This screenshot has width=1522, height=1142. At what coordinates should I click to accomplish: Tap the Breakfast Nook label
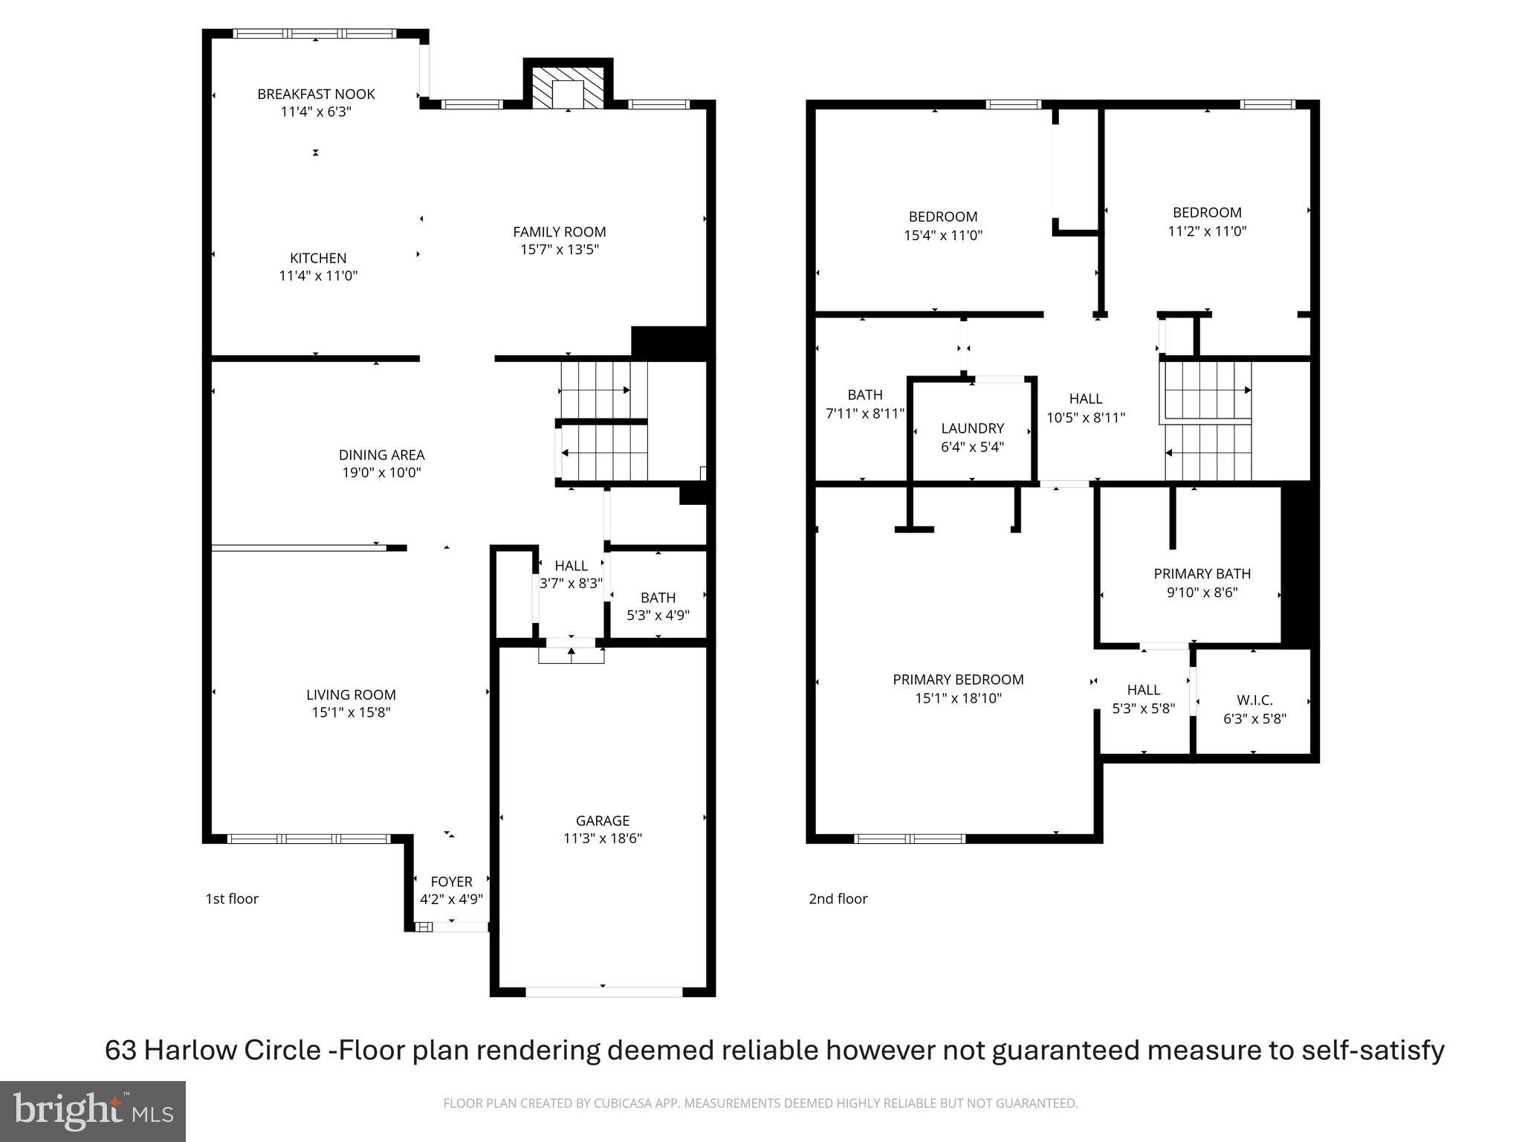click(316, 94)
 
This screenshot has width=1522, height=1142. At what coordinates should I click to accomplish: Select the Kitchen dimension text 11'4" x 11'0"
click(318, 276)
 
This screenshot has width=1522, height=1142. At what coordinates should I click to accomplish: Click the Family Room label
click(560, 232)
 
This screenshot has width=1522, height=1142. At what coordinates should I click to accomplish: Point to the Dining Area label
click(381, 455)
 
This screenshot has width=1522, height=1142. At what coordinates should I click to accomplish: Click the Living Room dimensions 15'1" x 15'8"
click(351, 712)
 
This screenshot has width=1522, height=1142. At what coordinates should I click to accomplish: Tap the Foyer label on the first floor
click(451, 882)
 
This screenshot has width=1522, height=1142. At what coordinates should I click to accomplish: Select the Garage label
click(602, 821)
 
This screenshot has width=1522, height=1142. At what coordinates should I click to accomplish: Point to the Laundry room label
click(972, 429)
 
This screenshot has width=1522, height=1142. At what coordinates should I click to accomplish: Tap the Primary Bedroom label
click(958, 680)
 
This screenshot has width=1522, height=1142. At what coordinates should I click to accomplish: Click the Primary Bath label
click(1202, 574)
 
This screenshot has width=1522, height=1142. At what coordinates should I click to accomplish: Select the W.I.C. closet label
click(1254, 700)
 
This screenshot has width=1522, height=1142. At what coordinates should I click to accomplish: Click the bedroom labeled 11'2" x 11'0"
click(1207, 222)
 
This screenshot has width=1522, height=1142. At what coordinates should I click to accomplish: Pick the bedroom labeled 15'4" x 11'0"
click(943, 226)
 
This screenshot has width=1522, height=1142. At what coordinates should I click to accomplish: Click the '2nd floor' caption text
click(838, 899)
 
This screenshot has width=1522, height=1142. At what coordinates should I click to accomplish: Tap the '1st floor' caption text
click(232, 899)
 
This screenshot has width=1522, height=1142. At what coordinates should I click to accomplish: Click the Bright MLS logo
click(93, 1111)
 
